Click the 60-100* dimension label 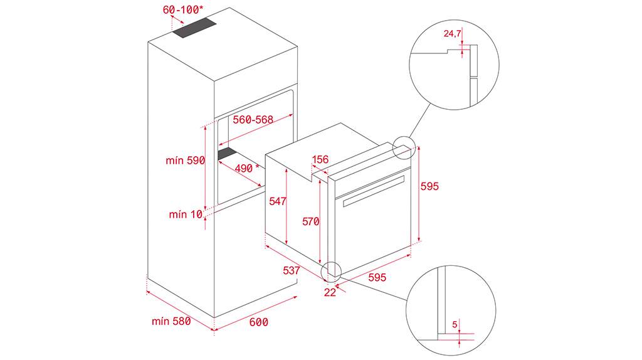(x=183, y=9)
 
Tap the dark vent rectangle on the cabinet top (x=194, y=28)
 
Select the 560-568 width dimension (x=253, y=120)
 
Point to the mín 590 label (x=185, y=160)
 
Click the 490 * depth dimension (x=247, y=167)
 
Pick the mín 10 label (x=186, y=214)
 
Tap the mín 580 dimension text (x=171, y=321)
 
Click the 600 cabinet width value (x=259, y=322)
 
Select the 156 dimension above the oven (x=320, y=159)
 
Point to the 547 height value (x=278, y=201)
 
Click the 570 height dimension (x=311, y=221)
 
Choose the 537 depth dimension (x=292, y=270)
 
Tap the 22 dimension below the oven (x=330, y=292)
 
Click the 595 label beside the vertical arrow (x=429, y=186)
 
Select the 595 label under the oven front (x=377, y=277)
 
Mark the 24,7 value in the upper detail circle (x=453, y=34)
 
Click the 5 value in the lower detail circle (x=455, y=325)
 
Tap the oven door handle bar (x=374, y=191)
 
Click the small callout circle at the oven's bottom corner (x=332, y=271)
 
